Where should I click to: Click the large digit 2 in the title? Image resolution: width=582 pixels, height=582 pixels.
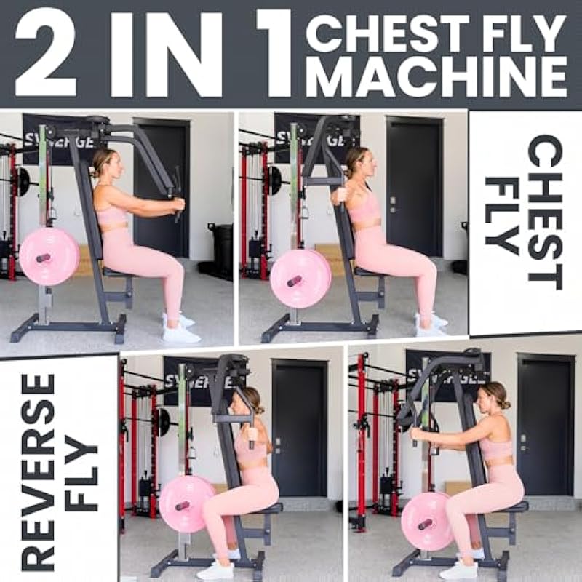(x=46, y=52)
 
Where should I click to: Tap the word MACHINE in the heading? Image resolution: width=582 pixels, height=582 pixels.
(x=436, y=76)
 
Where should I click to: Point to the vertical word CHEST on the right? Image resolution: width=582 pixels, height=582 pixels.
(x=544, y=212)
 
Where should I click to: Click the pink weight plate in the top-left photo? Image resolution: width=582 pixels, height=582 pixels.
(x=49, y=256)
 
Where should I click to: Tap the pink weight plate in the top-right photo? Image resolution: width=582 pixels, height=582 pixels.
(x=300, y=279)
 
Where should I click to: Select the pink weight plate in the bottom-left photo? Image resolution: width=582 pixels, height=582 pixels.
(x=188, y=503)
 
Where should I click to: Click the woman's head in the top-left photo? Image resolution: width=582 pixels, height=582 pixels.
(x=107, y=164)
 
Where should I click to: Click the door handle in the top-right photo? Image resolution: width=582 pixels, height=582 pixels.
(x=393, y=206)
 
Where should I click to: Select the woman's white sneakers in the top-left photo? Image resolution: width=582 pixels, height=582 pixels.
(x=180, y=329)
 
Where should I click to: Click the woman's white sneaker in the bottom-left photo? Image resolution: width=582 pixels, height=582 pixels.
(x=216, y=569)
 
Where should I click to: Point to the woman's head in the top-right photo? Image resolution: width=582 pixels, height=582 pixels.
(x=360, y=162)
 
